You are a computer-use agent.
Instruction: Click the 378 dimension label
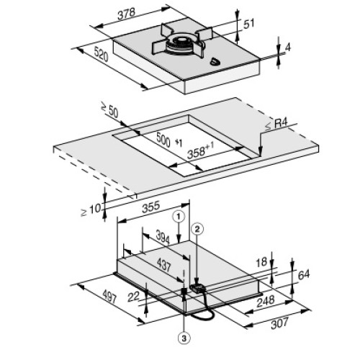127,14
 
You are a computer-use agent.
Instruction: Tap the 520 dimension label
102,54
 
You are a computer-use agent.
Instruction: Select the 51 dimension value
248,24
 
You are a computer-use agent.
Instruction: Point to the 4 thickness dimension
288,48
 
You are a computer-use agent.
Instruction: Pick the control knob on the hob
215,62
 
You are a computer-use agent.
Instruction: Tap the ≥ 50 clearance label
110,110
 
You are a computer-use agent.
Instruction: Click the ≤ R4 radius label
276,125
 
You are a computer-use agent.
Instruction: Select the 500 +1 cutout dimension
169,140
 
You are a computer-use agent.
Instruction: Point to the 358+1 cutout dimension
200,150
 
